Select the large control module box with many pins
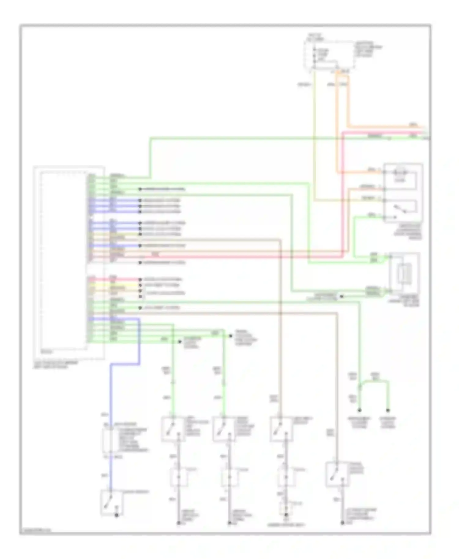pos(69,263)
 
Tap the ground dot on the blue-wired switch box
pos(116,515)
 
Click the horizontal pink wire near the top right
pos(382,132)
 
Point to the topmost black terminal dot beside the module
pos(140,189)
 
